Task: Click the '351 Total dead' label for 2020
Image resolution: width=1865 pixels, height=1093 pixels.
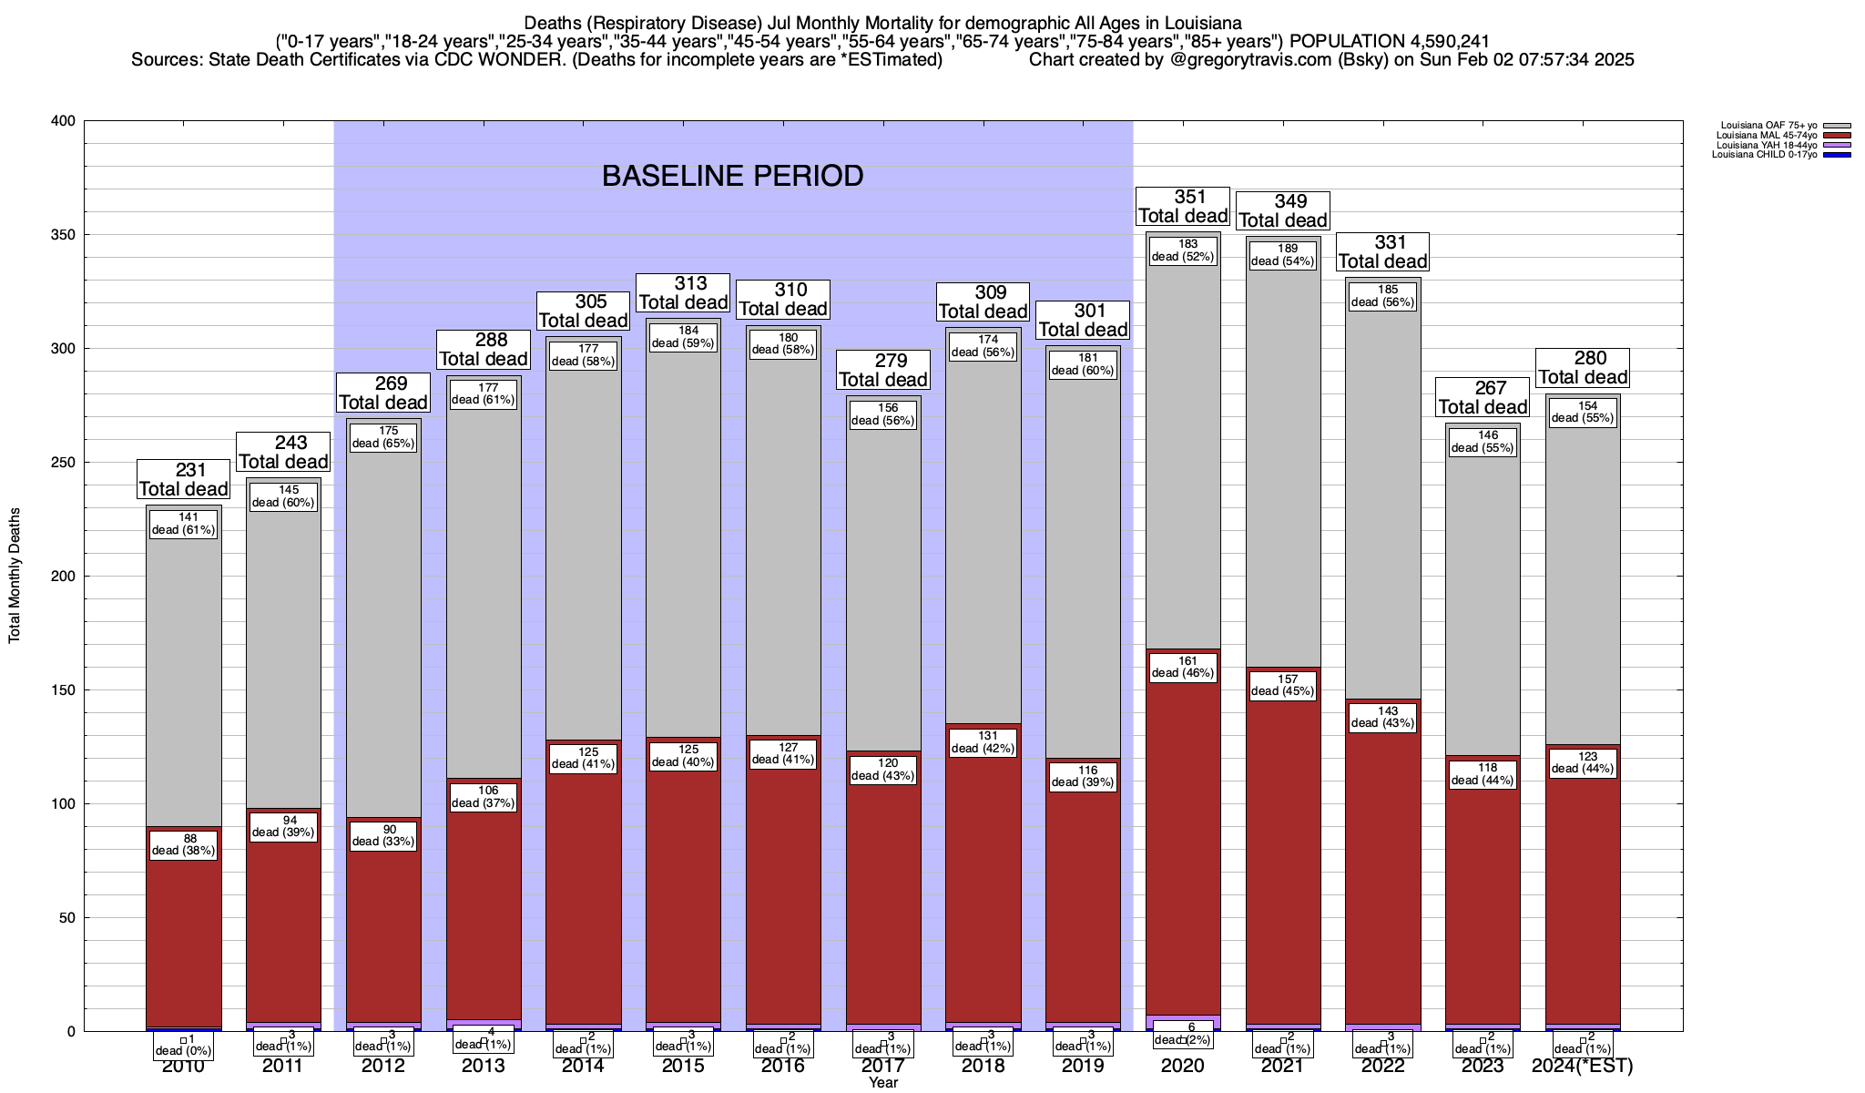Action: point(1183,207)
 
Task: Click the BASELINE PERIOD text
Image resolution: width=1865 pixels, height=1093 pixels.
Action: point(732,176)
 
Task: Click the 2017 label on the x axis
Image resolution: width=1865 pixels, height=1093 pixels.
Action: point(882,1066)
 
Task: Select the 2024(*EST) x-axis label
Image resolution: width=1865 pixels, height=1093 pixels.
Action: point(1583,1066)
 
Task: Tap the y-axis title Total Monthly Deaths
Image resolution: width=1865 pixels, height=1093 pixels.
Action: point(15,576)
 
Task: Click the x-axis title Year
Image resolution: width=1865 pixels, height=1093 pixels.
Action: point(882,1083)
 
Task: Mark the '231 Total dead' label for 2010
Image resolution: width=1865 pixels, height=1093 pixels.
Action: point(183,480)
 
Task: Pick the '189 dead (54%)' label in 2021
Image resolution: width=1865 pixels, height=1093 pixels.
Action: point(1283,255)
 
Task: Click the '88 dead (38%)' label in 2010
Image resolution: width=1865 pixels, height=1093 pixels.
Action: point(183,845)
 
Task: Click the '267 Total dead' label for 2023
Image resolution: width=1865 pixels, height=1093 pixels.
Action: point(1483,398)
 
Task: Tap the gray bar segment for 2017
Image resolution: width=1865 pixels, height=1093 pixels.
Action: point(882,592)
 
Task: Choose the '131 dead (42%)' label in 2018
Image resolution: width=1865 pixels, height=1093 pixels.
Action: point(983,742)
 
